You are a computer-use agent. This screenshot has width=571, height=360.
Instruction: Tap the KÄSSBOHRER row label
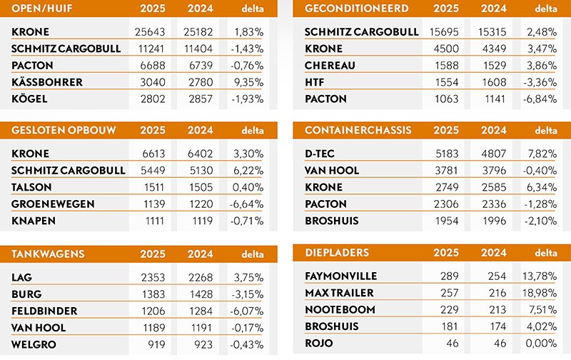click(47, 82)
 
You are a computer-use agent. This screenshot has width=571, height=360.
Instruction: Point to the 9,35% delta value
click(248, 82)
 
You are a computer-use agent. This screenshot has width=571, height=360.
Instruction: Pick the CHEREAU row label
click(330, 66)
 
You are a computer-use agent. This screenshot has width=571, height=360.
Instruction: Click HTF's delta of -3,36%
click(540, 82)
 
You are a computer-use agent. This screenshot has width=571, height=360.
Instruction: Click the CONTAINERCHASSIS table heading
click(354, 131)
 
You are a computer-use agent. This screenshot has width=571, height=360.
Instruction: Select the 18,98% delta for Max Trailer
click(540, 294)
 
